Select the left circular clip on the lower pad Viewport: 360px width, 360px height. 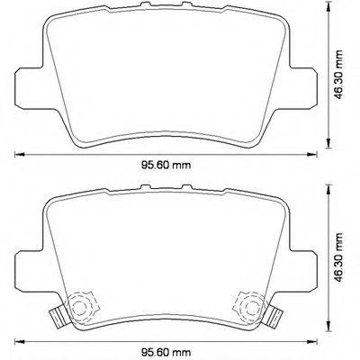click(x=82, y=306)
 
